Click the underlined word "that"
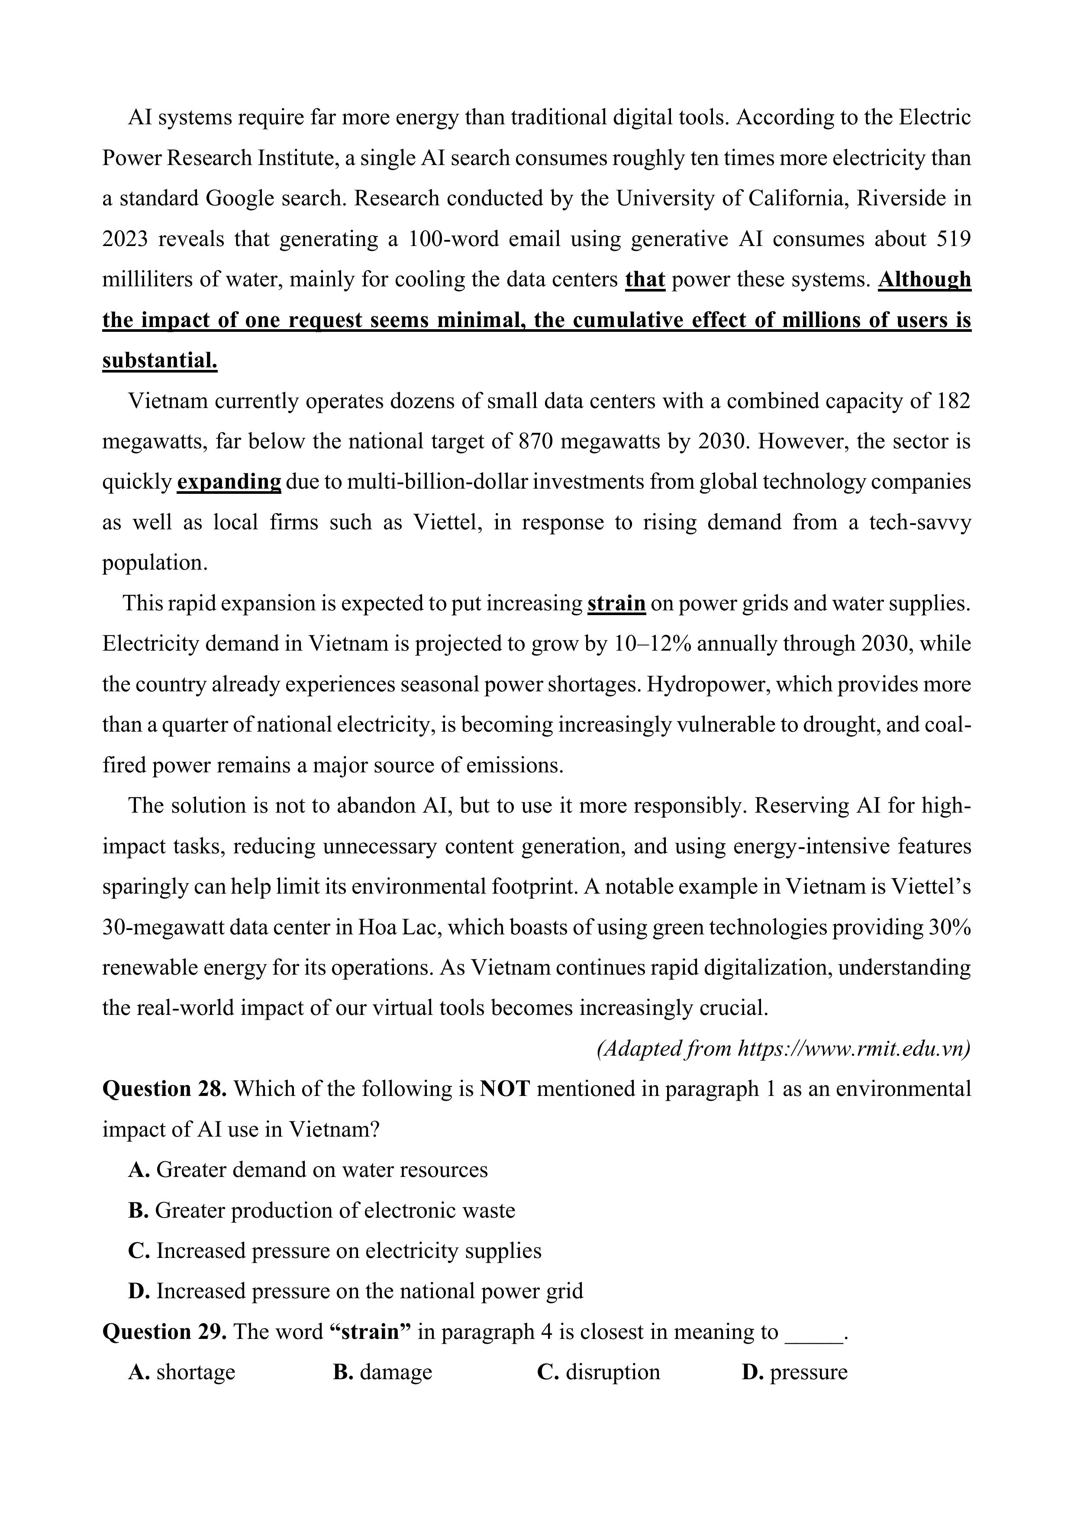click(x=645, y=280)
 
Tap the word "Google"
click(x=239, y=198)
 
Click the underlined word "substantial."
click(x=159, y=361)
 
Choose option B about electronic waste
click(x=322, y=1211)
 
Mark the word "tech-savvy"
click(x=920, y=523)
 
